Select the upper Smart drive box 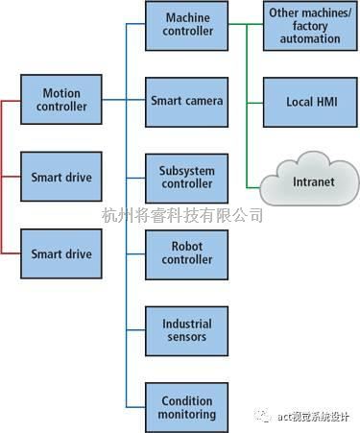coord(61,178)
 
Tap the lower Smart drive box coord(61,254)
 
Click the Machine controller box coord(187,26)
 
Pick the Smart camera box coord(187,101)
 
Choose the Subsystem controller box coord(187,178)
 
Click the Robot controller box coord(187,253)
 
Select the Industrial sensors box coord(187,330)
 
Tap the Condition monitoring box coord(187,407)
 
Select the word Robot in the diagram coord(187,246)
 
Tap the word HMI coord(325,101)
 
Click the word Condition coord(187,400)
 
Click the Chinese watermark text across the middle coord(181,214)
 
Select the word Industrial coord(187,324)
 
